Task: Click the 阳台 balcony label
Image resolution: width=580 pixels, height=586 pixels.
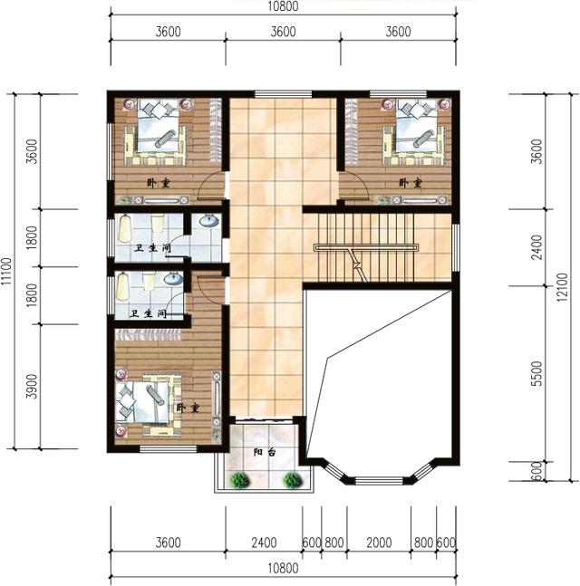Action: click(265, 452)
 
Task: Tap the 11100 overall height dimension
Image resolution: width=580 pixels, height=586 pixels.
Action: click(6, 271)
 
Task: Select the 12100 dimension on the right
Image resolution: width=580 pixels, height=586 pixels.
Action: click(562, 287)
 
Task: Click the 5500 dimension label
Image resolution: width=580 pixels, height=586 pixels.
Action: click(536, 373)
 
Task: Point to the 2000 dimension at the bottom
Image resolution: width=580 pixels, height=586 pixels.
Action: click(379, 543)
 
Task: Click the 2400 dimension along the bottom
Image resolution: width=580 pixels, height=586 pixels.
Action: click(264, 543)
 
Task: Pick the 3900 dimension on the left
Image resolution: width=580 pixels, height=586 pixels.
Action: click(32, 386)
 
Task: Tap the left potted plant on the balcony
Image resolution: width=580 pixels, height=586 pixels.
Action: click(240, 480)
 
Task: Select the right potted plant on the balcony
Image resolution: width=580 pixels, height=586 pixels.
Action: click(292, 480)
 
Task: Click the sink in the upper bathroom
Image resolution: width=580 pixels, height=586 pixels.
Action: click(209, 221)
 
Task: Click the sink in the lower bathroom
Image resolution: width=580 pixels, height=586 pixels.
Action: click(173, 278)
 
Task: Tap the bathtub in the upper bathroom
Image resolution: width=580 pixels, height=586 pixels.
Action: click(125, 228)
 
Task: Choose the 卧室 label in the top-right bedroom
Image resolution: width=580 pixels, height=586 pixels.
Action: click(411, 183)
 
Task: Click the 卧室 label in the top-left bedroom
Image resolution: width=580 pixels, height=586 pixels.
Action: click(158, 183)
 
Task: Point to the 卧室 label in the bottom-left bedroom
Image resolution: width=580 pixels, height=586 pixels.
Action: click(188, 408)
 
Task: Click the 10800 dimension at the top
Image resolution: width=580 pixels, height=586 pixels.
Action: click(283, 6)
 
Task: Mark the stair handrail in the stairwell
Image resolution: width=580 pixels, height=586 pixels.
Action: click(365, 247)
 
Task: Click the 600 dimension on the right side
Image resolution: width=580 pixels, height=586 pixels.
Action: click(536, 471)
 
